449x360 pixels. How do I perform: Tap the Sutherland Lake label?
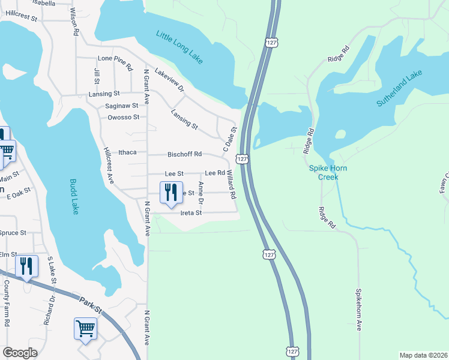tap(400, 89)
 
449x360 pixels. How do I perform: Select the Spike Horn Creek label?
tap(332, 173)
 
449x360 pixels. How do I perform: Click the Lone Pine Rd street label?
tap(115, 59)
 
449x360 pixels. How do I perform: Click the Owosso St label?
tap(123, 117)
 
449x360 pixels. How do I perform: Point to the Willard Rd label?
tap(231, 184)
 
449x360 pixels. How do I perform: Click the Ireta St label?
tap(191, 213)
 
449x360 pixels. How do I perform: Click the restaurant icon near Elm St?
tap(26, 266)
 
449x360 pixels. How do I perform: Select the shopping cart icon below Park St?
tap(85, 329)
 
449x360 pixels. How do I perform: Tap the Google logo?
tap(20, 353)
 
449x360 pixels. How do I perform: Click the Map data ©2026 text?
tap(423, 355)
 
